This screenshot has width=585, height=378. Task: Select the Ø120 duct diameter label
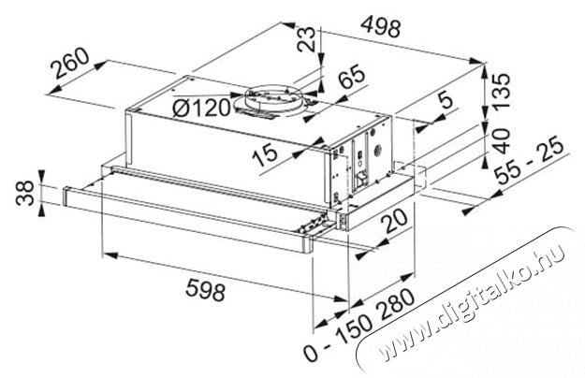point(201,109)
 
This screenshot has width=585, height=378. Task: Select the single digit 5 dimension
point(446,100)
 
